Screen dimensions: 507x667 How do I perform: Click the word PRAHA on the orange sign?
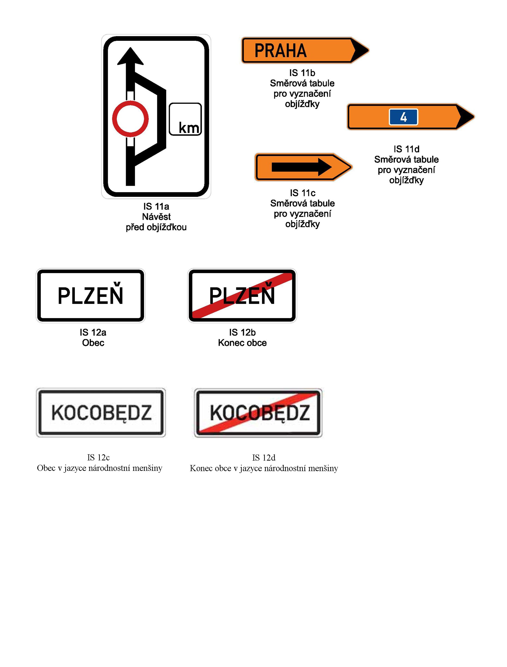[x=280, y=50]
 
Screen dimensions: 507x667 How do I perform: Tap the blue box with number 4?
[x=403, y=117]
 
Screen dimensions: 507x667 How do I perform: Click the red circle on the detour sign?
[x=130, y=119]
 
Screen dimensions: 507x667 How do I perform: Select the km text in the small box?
[x=189, y=128]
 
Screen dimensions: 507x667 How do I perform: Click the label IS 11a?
[x=156, y=206]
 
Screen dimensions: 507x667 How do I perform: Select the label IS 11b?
[x=302, y=73]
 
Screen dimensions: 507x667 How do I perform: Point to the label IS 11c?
[x=303, y=193]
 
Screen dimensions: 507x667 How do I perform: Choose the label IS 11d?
[x=407, y=149]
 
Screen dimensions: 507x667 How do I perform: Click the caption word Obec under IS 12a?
[x=93, y=343]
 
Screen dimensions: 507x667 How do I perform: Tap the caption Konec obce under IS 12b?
[x=242, y=343]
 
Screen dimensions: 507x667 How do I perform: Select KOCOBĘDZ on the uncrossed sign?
[x=102, y=413]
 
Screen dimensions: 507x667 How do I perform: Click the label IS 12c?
[x=99, y=458]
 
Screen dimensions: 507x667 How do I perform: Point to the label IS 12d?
[x=264, y=458]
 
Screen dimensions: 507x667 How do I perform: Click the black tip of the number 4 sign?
[x=465, y=117]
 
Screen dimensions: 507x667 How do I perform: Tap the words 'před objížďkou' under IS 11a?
[x=156, y=227]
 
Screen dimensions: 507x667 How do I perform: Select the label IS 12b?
[x=242, y=333]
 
